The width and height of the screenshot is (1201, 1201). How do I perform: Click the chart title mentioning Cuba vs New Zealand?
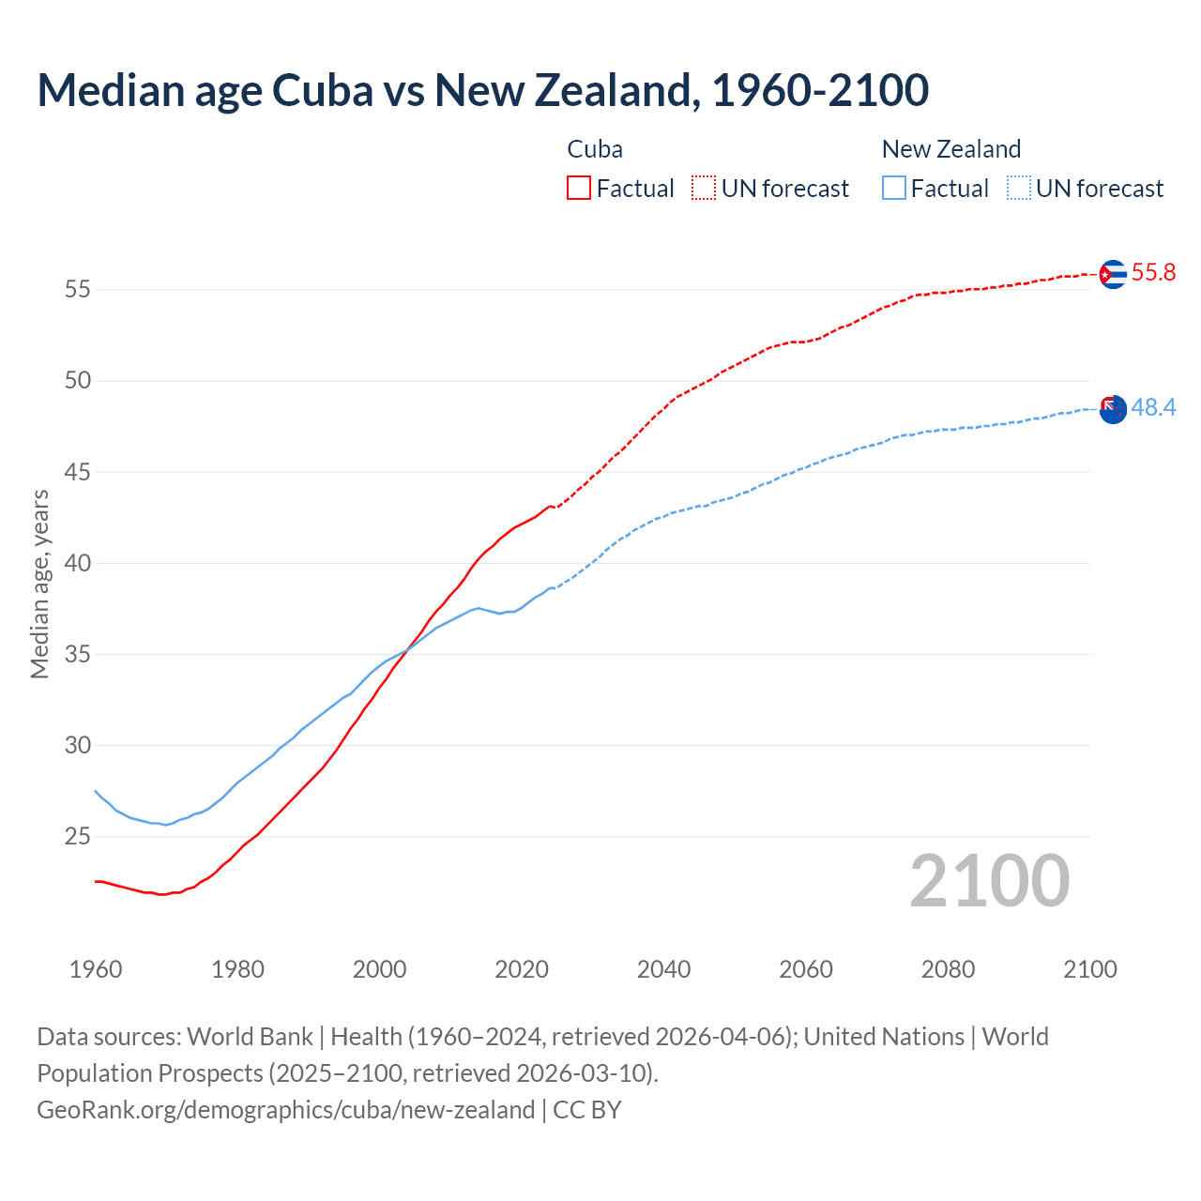482,90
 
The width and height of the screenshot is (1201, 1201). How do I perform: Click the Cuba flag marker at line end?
1112,274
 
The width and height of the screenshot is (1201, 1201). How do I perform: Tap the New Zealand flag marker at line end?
1112,409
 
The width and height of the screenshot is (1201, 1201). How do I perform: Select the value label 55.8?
1153,273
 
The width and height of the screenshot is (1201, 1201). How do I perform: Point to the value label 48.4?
1153,408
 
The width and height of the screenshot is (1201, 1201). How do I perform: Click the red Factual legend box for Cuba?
579,189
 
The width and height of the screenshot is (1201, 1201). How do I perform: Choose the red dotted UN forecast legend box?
704,189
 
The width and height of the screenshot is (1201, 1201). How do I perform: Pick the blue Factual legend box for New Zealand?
894,189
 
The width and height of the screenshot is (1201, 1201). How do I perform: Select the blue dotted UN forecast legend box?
1019,189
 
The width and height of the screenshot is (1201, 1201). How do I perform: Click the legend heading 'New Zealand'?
950,149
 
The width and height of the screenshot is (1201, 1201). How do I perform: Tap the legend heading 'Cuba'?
595,149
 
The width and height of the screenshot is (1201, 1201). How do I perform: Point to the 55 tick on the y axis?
78,290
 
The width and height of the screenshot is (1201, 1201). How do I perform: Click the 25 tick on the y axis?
78,837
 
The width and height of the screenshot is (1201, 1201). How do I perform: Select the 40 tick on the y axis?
78,564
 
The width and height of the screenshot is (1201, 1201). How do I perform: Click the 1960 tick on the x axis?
96,969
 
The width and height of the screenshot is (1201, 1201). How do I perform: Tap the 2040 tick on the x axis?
663,969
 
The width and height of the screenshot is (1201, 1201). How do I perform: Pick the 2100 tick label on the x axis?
1089,969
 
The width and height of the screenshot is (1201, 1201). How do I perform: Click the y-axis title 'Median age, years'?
39,584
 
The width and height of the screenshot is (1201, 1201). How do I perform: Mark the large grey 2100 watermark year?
989,881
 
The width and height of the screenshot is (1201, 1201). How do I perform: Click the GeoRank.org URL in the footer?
285,1110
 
